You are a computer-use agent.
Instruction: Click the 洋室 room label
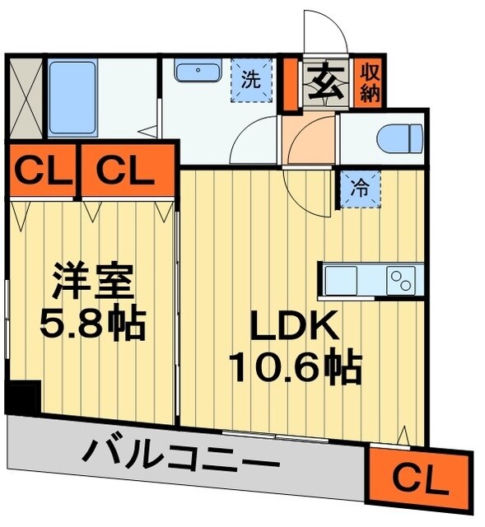coord(92,282)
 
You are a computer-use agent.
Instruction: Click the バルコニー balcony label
coord(181,455)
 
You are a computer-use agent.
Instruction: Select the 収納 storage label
coord(368,81)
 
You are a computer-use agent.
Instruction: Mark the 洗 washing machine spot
coord(250,80)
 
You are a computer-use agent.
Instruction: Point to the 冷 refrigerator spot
coord(360,188)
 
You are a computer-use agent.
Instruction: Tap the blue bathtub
coord(72,98)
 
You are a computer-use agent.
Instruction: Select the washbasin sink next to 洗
coord(197,72)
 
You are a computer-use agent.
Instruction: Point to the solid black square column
coord(22,397)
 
